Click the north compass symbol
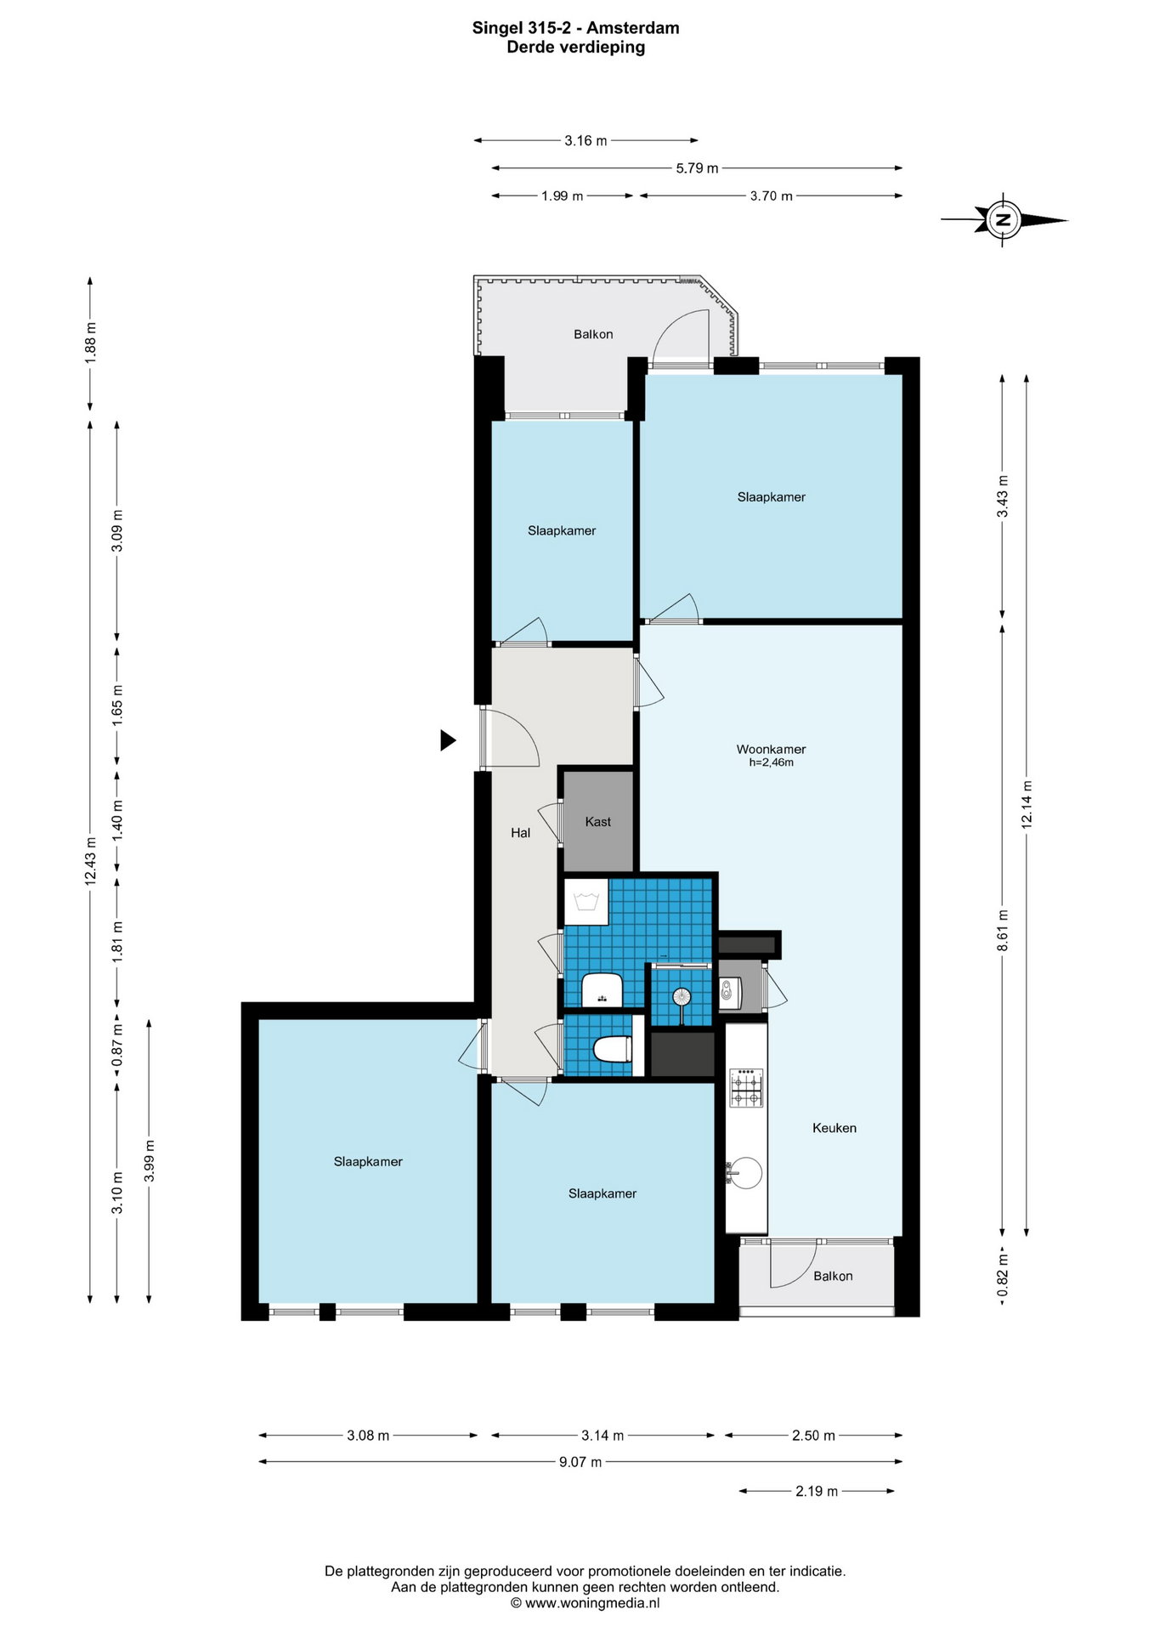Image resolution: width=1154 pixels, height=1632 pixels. (1004, 220)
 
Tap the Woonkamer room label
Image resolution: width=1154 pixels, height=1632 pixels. (771, 749)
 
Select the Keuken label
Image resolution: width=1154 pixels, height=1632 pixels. (834, 1128)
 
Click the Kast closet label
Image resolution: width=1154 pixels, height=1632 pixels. (598, 822)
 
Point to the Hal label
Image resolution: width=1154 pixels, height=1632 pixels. (520, 833)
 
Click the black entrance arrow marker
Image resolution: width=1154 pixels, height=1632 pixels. (448, 740)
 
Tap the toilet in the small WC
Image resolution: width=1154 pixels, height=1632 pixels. (613, 1050)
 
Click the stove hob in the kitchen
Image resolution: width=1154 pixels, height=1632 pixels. (747, 1088)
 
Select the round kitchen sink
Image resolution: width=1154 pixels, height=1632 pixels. (745, 1174)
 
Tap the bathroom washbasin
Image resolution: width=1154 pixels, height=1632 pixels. (602, 990)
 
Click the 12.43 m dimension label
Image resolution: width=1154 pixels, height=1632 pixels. (90, 861)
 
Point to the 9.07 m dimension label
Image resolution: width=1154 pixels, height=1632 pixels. (580, 1462)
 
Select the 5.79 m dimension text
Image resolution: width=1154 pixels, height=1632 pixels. (697, 168)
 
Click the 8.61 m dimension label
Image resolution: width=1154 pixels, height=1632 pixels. (1003, 930)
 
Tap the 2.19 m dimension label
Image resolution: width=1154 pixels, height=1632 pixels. (817, 1491)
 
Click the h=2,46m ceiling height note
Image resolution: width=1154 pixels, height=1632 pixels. (771, 762)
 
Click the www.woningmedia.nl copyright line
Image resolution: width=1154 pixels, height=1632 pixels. (585, 1603)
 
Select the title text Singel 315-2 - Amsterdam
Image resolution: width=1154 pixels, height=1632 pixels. (576, 28)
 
